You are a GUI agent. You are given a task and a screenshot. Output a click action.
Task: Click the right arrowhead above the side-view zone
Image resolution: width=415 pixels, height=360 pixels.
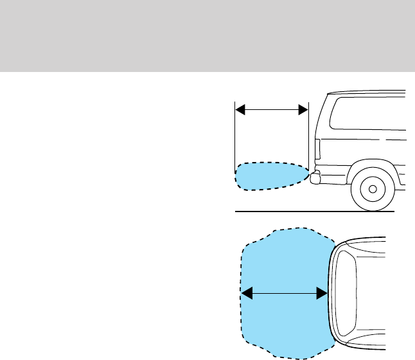coord(303,110)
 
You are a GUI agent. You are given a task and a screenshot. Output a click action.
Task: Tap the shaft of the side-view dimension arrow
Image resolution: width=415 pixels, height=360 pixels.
coord(272,110)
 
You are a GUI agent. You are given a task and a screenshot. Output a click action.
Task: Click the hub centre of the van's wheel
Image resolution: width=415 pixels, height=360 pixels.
coord(371,188)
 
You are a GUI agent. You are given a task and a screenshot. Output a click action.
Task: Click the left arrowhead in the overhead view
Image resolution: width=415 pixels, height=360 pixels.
coord(245,293)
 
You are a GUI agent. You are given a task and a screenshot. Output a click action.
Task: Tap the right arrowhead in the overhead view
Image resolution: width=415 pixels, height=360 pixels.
coord(322,293)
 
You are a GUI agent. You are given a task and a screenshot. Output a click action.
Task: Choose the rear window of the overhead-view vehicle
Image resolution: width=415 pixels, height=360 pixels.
coord(346,293)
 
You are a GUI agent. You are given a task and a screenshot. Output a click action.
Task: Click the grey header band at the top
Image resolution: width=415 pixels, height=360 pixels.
coord(207,35)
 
